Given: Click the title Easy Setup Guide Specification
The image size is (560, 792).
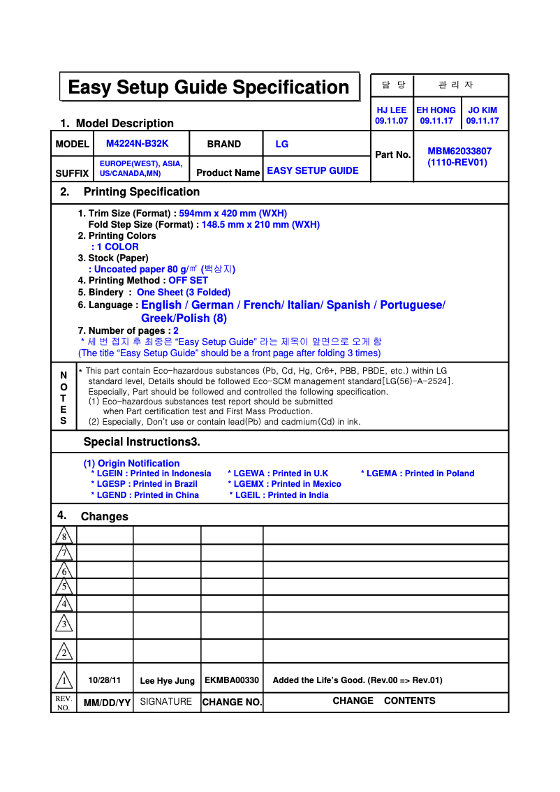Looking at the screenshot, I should [x=209, y=87].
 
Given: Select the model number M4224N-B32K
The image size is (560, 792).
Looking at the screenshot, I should [x=137, y=143].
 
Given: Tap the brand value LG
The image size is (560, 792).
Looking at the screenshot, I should [x=281, y=144].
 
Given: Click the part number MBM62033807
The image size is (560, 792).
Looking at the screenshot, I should [x=459, y=151].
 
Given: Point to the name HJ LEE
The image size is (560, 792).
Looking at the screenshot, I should [x=391, y=110].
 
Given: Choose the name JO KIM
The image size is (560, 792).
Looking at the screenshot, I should [x=482, y=110].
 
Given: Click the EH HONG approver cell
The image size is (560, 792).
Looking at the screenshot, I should [x=436, y=115].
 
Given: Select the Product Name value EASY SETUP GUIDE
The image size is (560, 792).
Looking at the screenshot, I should [x=312, y=170].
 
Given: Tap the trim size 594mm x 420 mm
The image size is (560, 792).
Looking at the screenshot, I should [x=233, y=213].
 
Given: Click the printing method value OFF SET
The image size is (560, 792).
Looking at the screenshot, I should [x=188, y=280].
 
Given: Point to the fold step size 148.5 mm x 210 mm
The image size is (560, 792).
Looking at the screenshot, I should [x=260, y=224].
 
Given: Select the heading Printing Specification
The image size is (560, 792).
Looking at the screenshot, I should [x=141, y=191].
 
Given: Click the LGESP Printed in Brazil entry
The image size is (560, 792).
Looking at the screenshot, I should [x=144, y=484].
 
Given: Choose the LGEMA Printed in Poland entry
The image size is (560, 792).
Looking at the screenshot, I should [x=417, y=474].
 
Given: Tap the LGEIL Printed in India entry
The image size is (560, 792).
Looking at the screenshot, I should [x=279, y=495].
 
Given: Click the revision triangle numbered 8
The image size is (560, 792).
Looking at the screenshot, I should [x=64, y=536].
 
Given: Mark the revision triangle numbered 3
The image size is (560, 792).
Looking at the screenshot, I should [x=64, y=623].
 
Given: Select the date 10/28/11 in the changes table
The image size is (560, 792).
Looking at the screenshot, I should [x=104, y=680].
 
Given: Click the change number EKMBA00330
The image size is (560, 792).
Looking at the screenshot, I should [x=232, y=680].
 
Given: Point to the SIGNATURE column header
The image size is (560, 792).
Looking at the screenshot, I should [x=165, y=701].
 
